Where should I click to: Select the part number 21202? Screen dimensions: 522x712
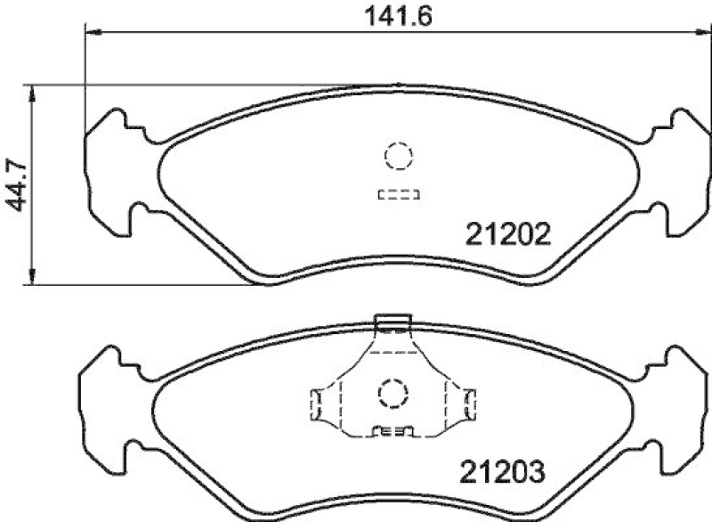[509, 235]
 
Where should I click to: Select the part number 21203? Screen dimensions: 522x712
[502, 469]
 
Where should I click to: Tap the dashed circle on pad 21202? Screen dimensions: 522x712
[398, 157]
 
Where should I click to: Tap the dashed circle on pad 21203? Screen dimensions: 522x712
[392, 392]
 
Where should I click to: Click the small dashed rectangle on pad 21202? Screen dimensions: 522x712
[398, 194]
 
